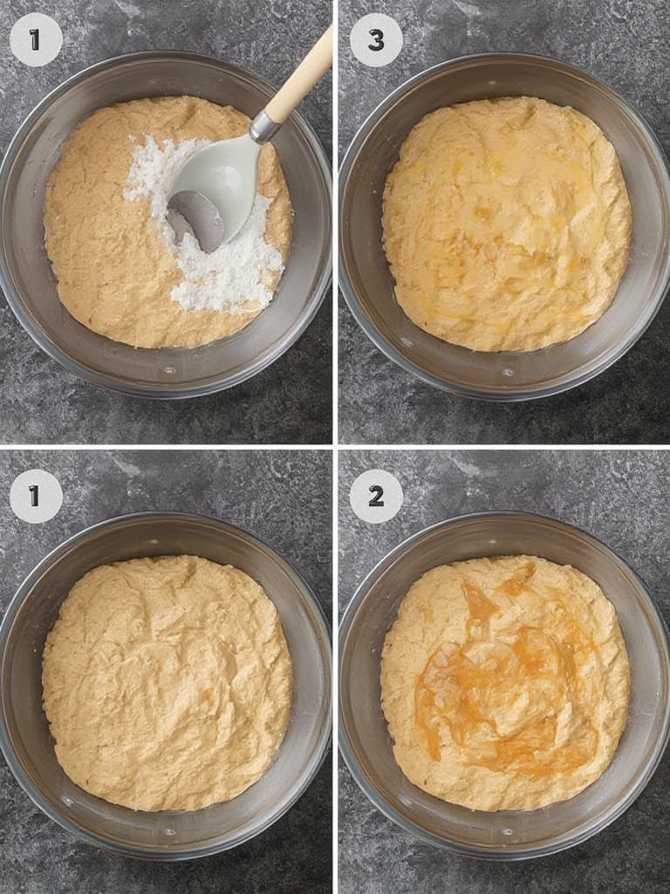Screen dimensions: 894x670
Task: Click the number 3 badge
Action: tap(376, 40)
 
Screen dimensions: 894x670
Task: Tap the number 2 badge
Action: tap(376, 496)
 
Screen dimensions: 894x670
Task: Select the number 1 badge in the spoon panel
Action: tap(36, 40)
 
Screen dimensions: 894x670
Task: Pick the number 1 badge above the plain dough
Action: tap(36, 496)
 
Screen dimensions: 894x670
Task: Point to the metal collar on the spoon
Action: tap(264, 127)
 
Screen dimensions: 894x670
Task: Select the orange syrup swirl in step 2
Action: tap(502, 690)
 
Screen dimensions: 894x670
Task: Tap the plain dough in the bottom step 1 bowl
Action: tap(166, 681)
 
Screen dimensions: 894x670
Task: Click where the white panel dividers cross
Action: tap(335, 446)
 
